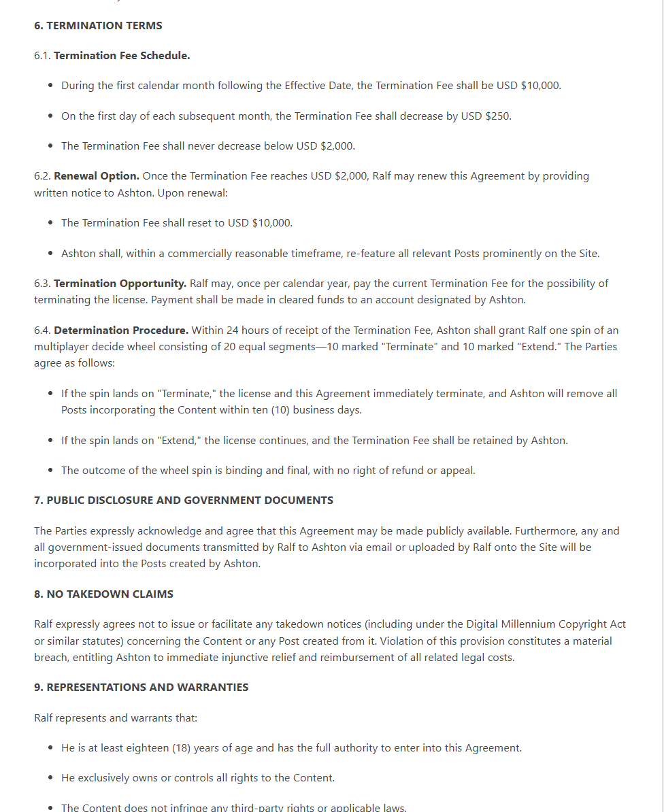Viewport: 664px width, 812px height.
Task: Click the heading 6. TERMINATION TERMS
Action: (x=98, y=26)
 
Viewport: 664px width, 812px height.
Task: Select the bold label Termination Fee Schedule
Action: (x=122, y=56)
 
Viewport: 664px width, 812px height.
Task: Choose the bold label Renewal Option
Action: (x=97, y=175)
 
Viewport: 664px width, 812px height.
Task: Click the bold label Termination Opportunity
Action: (x=120, y=283)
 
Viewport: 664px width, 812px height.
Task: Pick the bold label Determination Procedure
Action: (x=121, y=330)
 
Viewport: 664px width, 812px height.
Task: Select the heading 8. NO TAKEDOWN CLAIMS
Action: (x=103, y=594)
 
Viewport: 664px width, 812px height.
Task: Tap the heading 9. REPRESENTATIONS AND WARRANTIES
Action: (x=141, y=687)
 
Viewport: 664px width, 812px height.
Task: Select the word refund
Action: (x=396, y=470)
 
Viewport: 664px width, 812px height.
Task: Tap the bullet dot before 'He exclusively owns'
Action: (x=51, y=778)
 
